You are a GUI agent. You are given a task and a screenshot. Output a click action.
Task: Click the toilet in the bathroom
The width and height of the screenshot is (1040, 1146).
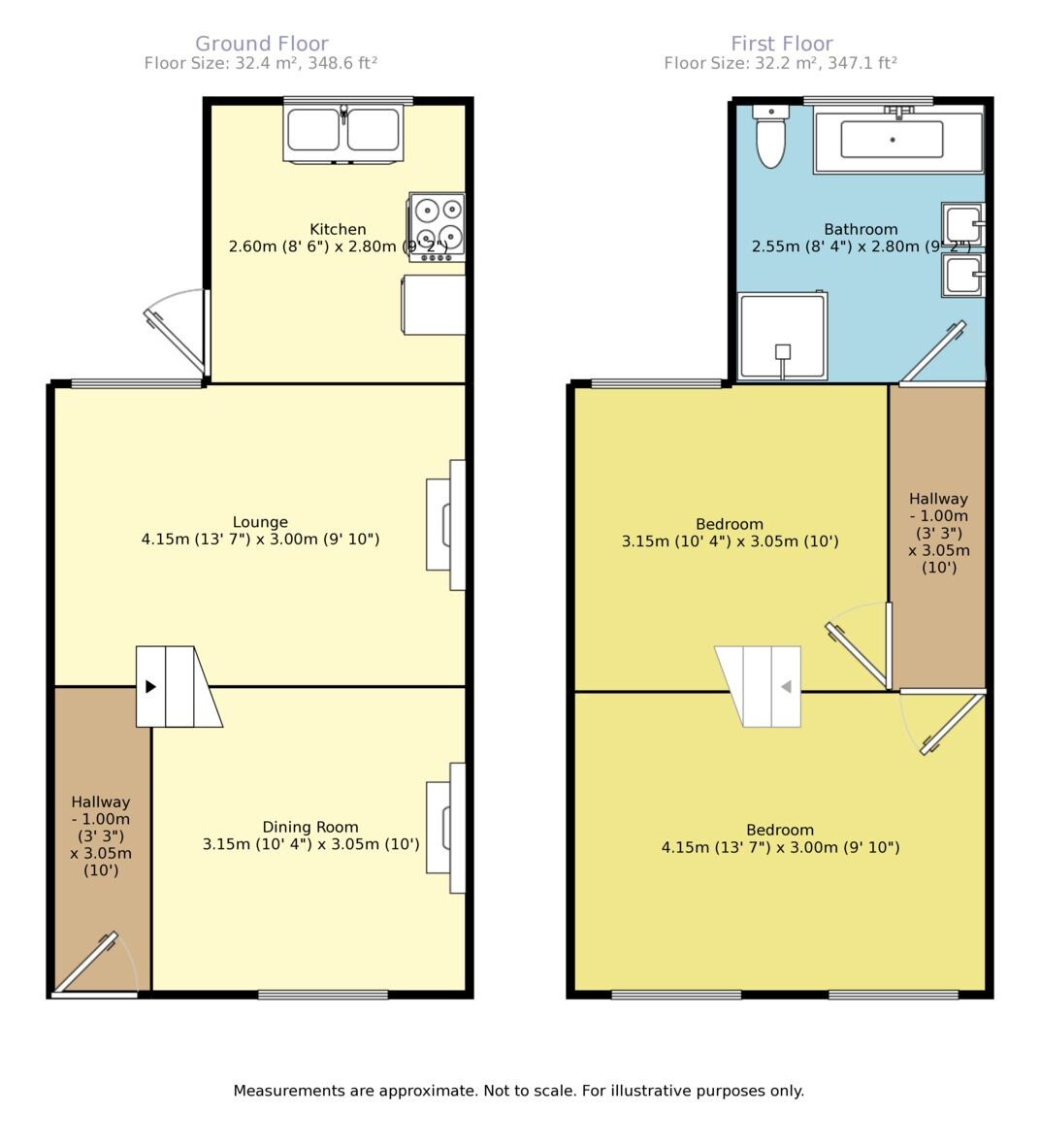point(770,136)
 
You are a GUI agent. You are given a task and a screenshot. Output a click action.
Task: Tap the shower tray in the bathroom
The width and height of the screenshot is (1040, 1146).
point(782,336)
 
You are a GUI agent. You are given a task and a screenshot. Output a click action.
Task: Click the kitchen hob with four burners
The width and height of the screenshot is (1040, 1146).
point(437,226)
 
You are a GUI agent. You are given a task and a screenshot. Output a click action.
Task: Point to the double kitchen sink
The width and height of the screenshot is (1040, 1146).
point(342,133)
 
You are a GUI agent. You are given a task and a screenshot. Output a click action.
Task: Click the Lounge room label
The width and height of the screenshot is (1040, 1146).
point(260,522)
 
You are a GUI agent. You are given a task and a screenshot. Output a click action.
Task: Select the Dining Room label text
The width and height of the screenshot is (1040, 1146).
point(310,828)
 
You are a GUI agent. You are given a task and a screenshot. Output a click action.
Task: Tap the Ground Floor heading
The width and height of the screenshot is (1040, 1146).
point(262,44)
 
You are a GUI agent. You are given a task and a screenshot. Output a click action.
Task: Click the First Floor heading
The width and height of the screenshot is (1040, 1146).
point(782,44)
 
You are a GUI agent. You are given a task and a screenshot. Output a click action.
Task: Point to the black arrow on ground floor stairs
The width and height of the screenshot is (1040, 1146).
point(150,686)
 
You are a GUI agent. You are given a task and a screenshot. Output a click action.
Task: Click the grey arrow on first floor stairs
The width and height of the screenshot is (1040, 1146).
point(787,686)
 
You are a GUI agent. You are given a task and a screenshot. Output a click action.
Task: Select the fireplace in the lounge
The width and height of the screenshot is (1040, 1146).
point(446,525)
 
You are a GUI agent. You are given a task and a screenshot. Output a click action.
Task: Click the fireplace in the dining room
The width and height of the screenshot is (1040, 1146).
point(446,828)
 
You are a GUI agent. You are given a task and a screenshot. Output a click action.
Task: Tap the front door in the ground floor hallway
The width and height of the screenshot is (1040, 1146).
point(86,964)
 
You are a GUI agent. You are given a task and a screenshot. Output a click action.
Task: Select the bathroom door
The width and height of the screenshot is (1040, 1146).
point(933,352)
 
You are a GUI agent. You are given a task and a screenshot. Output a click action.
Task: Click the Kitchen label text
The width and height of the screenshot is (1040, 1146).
point(338,230)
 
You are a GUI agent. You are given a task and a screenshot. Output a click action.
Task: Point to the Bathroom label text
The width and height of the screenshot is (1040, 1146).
point(861,230)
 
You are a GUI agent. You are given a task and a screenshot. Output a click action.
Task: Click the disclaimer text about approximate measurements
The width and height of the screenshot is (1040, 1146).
point(519,1092)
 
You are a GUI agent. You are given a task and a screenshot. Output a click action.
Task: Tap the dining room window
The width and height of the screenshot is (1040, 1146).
point(323,995)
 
